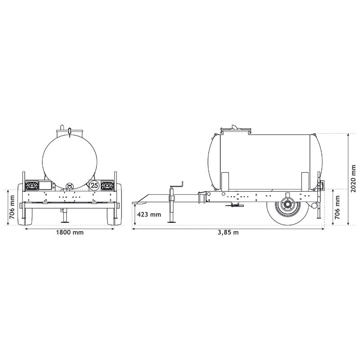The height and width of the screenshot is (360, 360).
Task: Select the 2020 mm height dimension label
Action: [x=354, y=178]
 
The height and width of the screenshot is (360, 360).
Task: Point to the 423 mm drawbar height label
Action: [x=149, y=215]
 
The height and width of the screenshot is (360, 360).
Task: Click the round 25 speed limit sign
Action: [x=94, y=185]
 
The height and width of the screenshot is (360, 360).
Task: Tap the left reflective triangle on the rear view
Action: [x=32, y=184]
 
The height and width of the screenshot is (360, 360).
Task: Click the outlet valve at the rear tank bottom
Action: [x=69, y=186]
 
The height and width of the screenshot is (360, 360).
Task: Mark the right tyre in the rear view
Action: [x=118, y=205]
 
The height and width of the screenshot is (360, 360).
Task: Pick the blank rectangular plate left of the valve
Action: [x=45, y=184]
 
